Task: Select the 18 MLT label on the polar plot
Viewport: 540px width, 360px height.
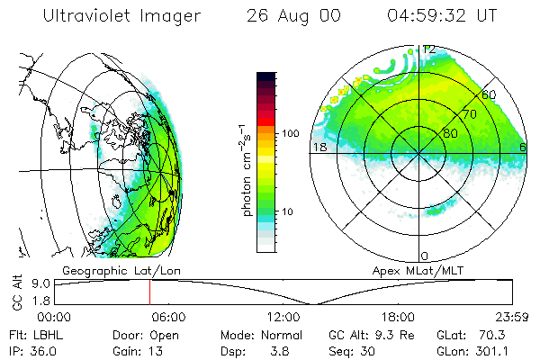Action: (318, 147)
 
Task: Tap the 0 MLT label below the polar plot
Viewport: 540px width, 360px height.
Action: (425, 256)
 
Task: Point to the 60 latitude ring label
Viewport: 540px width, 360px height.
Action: (489, 94)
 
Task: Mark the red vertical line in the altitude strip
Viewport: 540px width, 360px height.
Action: (149, 292)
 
